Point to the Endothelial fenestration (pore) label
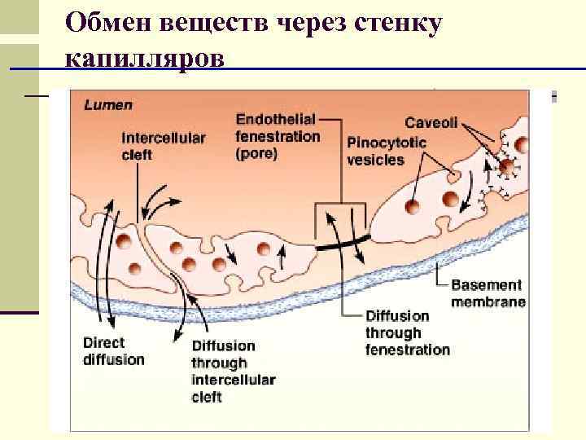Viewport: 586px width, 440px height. pos(276,135)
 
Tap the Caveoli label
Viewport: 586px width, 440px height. pos(432,124)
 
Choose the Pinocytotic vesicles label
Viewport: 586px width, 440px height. pos(387,151)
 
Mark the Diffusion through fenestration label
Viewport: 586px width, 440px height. pos(407,332)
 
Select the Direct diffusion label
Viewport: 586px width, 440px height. pos(113,350)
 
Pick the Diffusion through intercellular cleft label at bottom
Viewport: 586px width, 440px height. pos(233,371)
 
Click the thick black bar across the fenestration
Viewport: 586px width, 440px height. pos(343,241)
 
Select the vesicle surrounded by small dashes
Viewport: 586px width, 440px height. pos(508,168)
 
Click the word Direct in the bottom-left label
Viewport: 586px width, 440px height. pos(103,342)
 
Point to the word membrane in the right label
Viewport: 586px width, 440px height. pos(488,301)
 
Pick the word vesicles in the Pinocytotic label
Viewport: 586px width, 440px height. pos(375,159)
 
